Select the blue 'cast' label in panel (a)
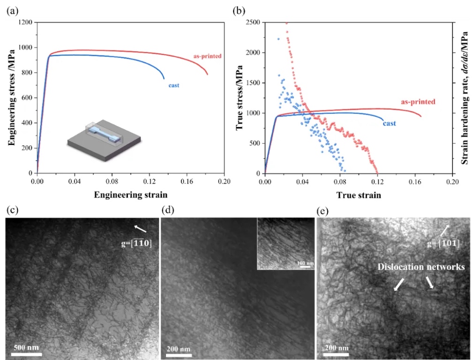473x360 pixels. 173,85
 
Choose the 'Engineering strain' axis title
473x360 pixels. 131,195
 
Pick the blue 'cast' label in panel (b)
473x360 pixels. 389,123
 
